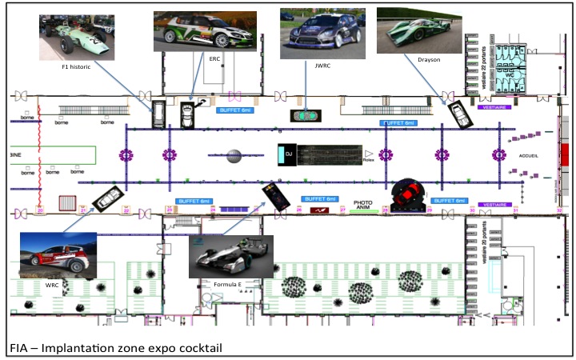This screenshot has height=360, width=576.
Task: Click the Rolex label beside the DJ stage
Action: (x=369, y=160)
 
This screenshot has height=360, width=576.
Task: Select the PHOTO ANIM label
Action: (x=364, y=206)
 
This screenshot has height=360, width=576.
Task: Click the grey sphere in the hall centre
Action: (x=234, y=155)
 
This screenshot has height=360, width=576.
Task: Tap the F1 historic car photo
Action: (x=78, y=38)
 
